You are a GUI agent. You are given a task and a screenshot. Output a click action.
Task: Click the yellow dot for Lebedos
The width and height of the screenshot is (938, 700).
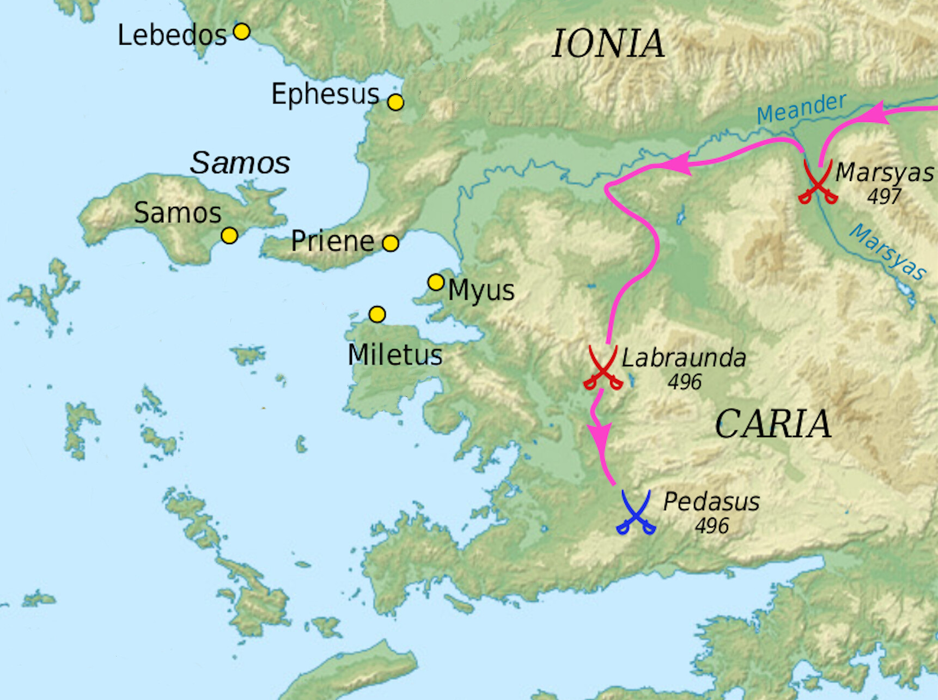tap(242, 32)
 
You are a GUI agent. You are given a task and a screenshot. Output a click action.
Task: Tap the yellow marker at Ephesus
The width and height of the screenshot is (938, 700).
tap(395, 102)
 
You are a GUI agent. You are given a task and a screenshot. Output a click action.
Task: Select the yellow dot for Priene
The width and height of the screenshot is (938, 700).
tap(390, 243)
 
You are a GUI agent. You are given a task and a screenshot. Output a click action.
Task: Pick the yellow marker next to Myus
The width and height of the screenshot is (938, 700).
tap(436, 282)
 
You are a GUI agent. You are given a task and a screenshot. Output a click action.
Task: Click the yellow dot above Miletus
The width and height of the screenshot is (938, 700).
tap(377, 314)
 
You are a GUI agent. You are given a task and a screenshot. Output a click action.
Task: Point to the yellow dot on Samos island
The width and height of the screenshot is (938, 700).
tap(229, 235)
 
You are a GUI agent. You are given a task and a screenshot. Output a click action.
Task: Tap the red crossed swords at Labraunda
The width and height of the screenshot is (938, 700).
tap(602, 368)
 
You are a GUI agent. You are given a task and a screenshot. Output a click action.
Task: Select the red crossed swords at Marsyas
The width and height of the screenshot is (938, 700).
tap(818, 182)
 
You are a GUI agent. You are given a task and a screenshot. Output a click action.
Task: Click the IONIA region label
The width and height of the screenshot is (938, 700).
tap(608, 44)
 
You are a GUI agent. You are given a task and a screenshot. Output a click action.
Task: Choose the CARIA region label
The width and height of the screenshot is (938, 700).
tap(773, 424)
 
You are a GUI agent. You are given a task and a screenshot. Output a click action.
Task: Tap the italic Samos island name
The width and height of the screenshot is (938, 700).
tap(240, 163)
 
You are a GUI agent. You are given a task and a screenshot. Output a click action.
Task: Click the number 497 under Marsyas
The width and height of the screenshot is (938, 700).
tap(884, 196)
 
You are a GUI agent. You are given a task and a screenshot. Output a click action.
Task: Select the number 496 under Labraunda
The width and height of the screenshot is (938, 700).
tap(685, 382)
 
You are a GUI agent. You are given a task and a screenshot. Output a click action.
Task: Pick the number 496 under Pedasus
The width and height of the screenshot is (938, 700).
tap(711, 526)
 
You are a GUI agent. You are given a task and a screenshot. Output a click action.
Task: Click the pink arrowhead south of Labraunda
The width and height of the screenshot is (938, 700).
tap(600, 435)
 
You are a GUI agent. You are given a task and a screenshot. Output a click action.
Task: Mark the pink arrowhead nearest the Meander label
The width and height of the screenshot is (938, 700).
tap(875, 113)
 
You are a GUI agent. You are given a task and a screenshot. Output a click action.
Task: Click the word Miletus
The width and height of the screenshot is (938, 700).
tap(395, 355)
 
